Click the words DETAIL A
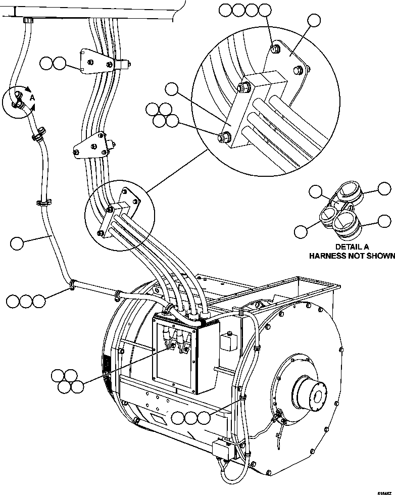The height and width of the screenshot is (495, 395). [352, 246]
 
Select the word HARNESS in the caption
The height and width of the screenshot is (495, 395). [329, 256]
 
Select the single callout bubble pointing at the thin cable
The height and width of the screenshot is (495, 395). [17, 243]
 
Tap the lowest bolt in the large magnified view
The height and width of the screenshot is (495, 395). [223, 136]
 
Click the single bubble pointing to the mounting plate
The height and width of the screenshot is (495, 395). [314, 21]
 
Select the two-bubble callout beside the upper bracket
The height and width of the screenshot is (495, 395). [53, 64]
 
